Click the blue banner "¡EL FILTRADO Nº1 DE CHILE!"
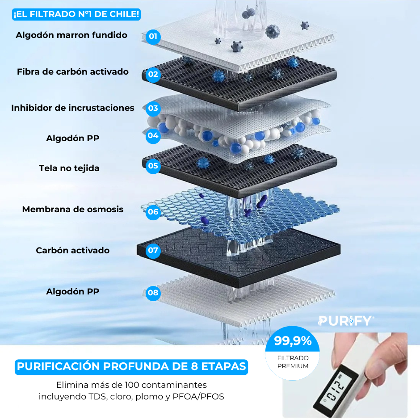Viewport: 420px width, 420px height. point(76,14)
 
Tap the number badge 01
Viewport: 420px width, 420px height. point(153,36)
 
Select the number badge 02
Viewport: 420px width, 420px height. point(153,74)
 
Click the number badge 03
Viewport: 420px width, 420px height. point(153,108)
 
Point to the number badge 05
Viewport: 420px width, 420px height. point(153,166)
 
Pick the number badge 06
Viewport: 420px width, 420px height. point(153,212)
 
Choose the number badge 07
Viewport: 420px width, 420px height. point(153,250)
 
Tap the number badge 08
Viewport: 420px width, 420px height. point(153,293)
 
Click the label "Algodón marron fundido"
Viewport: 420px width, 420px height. point(71,35)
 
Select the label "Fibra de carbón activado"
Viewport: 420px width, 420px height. point(73,71)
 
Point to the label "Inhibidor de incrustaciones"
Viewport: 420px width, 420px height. point(73,108)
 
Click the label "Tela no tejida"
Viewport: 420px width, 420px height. point(69,168)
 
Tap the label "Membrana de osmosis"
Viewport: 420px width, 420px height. point(73,209)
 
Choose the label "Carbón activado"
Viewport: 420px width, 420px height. point(73,250)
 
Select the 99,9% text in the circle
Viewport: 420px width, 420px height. point(293,341)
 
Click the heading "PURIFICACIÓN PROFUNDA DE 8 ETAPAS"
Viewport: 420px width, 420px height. point(131,366)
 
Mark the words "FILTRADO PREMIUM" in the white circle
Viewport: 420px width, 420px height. point(293,362)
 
